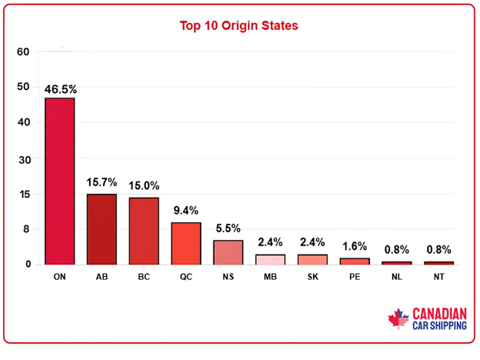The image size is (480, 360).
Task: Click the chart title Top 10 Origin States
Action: pyautogui.click(x=238, y=25)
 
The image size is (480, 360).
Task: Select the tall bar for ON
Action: pyautogui.click(x=60, y=181)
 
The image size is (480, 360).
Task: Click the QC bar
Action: pyautogui.click(x=185, y=243)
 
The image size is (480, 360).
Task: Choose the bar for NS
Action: pyautogui.click(x=228, y=252)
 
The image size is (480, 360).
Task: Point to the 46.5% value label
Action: pyautogui.click(x=60, y=88)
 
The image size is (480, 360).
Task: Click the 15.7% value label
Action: pyautogui.click(x=102, y=182)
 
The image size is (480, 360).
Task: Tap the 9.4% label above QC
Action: pyautogui.click(x=185, y=210)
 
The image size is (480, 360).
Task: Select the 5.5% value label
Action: pyautogui.click(x=228, y=228)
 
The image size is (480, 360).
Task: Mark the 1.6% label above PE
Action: pyautogui.click(x=355, y=247)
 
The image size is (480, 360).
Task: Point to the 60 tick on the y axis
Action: pyautogui.click(x=23, y=52)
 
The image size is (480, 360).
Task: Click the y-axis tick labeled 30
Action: pyautogui.click(x=23, y=158)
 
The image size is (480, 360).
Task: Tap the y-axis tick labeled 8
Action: pyautogui.click(x=26, y=229)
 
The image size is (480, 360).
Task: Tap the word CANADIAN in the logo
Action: pyautogui.click(x=440, y=313)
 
